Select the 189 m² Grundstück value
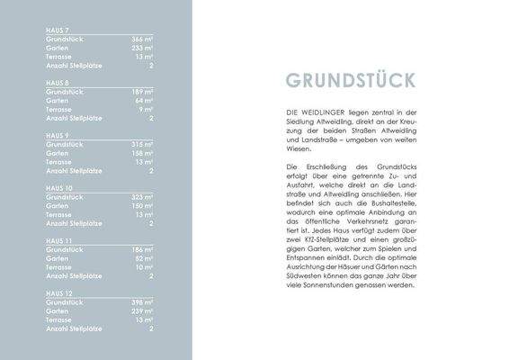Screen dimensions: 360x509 143,92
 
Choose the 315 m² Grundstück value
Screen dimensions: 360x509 143,144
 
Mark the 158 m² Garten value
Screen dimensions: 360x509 143,153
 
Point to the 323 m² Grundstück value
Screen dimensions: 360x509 143,196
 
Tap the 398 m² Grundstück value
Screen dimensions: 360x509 143,301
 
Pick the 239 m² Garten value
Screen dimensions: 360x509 143,310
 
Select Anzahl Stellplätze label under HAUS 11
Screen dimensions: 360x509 72,275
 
